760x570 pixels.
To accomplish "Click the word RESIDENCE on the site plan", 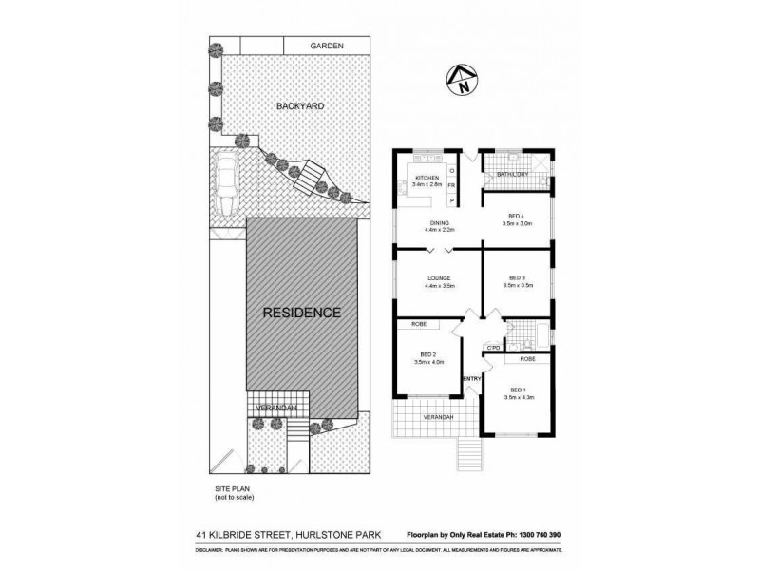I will (301, 312).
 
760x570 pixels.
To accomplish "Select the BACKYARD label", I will (300, 106).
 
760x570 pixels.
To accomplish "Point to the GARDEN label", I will (326, 47).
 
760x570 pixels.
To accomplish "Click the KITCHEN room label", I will (427, 178).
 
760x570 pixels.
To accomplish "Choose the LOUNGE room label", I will (439, 278).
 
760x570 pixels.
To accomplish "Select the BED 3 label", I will (517, 278).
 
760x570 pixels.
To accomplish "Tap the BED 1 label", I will (517, 389).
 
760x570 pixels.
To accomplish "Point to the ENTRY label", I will (471, 379).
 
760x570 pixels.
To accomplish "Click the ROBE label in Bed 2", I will (418, 324).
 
